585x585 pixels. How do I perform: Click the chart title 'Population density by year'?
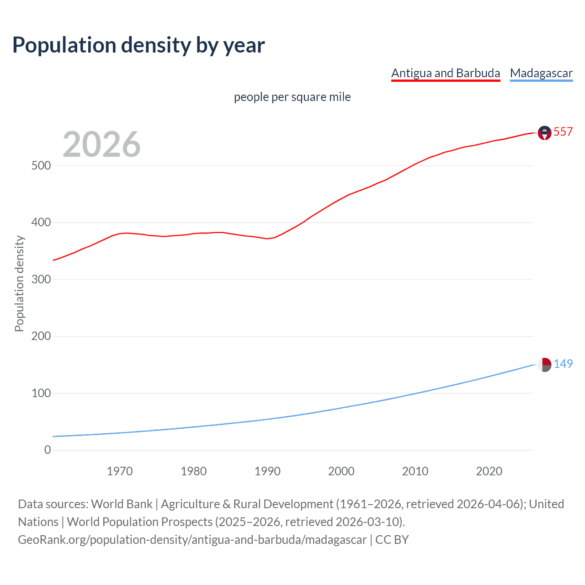[x=138, y=45]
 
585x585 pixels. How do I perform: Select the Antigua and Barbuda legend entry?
[x=446, y=73]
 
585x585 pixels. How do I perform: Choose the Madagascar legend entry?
[x=541, y=73]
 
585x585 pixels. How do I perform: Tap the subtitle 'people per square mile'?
[x=292, y=97]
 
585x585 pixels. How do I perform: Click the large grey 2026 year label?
[x=101, y=144]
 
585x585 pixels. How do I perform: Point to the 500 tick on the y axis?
[x=41, y=165]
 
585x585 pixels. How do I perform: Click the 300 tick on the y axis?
[x=41, y=279]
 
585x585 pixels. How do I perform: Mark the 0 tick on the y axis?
[x=48, y=450]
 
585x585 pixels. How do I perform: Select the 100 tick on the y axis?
[x=41, y=393]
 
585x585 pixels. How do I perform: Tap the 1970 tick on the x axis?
[x=120, y=471]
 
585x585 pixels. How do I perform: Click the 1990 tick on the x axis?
[x=267, y=471]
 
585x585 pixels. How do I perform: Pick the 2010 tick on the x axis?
[x=415, y=471]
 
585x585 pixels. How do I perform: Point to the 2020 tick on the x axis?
[x=489, y=471]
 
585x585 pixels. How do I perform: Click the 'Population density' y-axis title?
[x=19, y=283]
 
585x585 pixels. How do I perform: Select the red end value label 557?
[x=563, y=132]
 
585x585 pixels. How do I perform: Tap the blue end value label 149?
[x=563, y=364]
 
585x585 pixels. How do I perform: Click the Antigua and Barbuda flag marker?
[x=544, y=133]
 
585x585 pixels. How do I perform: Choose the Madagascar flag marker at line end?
[x=544, y=365]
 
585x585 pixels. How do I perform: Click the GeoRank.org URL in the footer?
[x=192, y=540]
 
